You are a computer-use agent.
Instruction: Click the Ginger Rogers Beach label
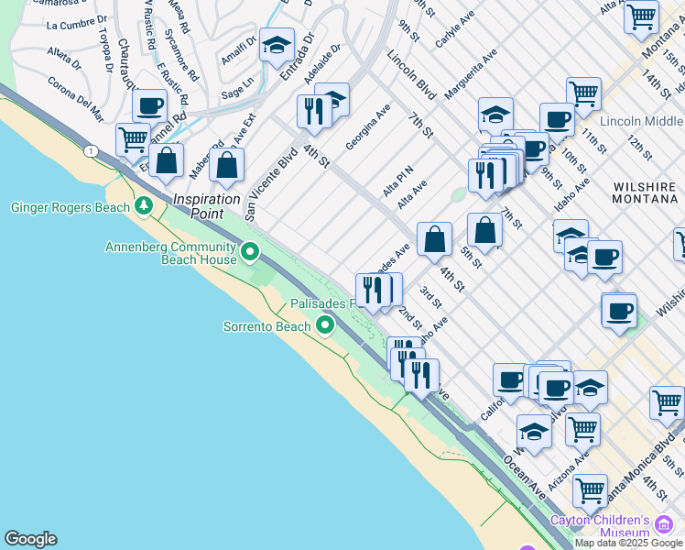point(69,207)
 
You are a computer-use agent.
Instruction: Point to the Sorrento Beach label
point(268,326)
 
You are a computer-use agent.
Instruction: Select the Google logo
point(30,539)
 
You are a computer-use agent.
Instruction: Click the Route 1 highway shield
point(90,150)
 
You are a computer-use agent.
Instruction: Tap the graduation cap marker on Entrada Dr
point(277,45)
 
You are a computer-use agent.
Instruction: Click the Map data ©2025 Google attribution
point(629,543)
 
